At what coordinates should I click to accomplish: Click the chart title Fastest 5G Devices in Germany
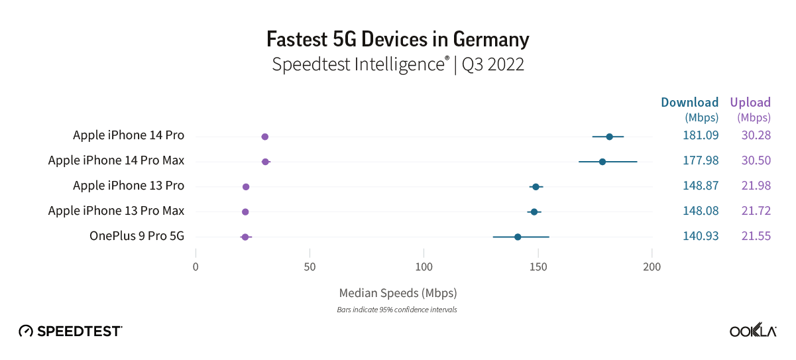point(398,40)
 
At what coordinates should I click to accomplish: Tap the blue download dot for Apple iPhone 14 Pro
point(609,137)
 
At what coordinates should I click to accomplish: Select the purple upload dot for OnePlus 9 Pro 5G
point(245,237)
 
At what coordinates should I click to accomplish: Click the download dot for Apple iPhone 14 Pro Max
point(602,162)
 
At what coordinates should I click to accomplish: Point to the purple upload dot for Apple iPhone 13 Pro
point(246,187)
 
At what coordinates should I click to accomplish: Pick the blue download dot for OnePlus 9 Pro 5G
point(518,237)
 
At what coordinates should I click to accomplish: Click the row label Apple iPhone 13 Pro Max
point(116,211)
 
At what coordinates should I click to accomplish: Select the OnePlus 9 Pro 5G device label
point(137,236)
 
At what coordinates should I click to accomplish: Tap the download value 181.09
point(701,136)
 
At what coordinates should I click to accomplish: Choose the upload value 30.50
point(756,161)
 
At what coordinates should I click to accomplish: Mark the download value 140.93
point(701,236)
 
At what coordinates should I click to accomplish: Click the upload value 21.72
point(756,211)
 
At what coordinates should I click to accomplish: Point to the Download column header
point(689,103)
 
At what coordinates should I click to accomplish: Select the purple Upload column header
point(750,103)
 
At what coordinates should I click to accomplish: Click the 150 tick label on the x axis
point(538,267)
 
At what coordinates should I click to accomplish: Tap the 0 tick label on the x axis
point(196,267)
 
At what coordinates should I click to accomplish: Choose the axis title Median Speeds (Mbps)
point(398,292)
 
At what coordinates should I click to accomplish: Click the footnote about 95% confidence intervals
point(397,310)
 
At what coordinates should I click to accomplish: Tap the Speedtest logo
point(70,330)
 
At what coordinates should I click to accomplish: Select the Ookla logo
point(753,331)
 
